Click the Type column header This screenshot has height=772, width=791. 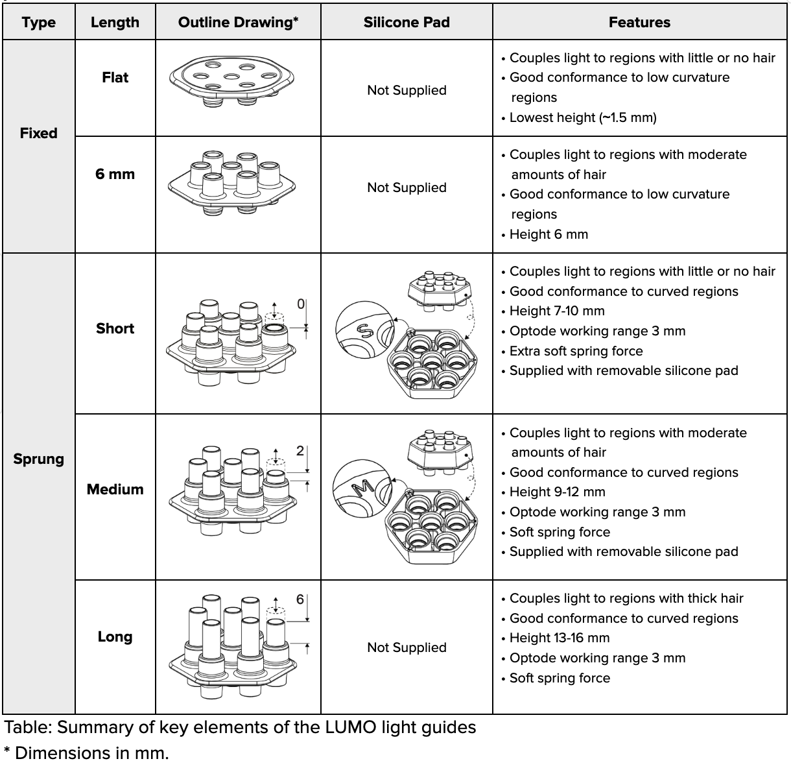[x=39, y=23]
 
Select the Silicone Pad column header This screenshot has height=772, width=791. [x=407, y=23]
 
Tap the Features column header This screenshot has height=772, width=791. [x=639, y=23]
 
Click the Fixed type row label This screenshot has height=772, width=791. [x=39, y=133]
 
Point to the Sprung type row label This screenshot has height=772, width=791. [x=39, y=459]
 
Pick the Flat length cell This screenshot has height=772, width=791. [x=115, y=78]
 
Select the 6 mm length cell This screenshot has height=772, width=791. [x=115, y=174]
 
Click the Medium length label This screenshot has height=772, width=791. [x=115, y=489]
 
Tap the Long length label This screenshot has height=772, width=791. [x=115, y=636]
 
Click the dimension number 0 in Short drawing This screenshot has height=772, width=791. [x=301, y=304]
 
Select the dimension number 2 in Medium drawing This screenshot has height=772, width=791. [x=300, y=451]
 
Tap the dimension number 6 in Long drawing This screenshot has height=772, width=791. [x=300, y=599]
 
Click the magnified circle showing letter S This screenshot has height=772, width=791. [x=364, y=332]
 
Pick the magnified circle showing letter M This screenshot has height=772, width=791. [x=360, y=488]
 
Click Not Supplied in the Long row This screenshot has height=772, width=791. [x=407, y=647]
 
